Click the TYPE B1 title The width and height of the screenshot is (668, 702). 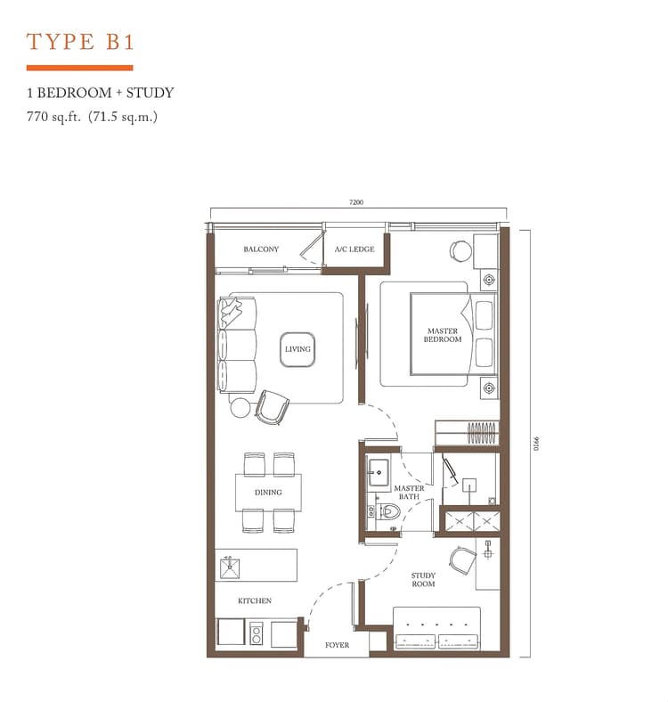[x=80, y=42]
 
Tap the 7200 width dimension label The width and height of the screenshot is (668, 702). [x=356, y=202]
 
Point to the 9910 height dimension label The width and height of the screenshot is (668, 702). [x=537, y=444]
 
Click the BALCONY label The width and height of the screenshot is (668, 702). [x=261, y=249]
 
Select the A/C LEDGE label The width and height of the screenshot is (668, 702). [x=354, y=249]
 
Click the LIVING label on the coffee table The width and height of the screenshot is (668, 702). [x=297, y=348]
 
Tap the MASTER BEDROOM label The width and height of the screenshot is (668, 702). [x=443, y=335]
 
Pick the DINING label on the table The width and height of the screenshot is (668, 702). [x=268, y=492]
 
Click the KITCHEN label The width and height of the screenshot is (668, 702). [x=255, y=600]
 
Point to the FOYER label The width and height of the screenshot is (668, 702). [x=338, y=645]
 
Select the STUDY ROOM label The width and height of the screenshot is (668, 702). [x=423, y=579]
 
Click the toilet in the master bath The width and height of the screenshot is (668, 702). [x=388, y=511]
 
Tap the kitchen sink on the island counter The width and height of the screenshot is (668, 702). [x=230, y=567]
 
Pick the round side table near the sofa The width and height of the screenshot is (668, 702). [x=240, y=407]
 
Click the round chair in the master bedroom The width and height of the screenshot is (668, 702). [x=460, y=250]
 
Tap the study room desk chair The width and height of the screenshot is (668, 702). [x=463, y=560]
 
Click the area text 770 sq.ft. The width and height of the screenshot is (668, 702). [x=53, y=117]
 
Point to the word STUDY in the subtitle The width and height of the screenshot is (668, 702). [x=150, y=93]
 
